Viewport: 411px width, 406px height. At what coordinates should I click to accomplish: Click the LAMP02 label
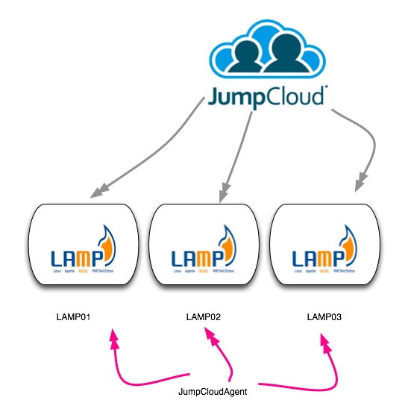click(203, 317)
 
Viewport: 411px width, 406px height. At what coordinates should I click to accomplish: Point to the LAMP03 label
click(324, 317)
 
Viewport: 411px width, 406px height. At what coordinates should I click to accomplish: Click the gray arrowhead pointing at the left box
click(96, 193)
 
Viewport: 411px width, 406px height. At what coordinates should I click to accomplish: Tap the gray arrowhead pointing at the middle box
click(222, 194)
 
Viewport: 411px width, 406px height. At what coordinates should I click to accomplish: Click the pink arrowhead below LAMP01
click(114, 339)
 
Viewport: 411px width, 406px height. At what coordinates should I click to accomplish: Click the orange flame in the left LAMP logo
click(109, 250)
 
